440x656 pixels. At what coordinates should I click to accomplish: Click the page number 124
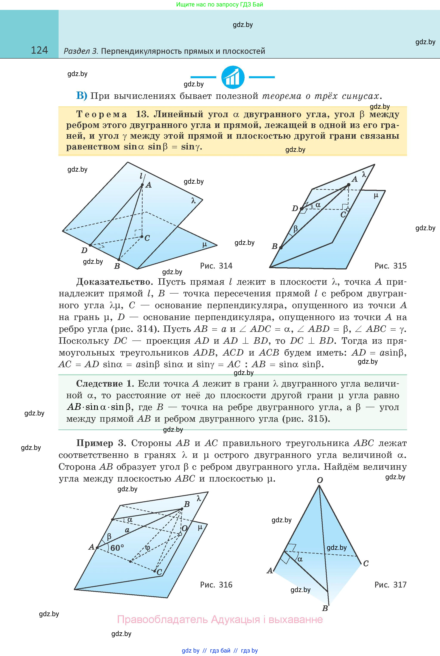(x=39, y=50)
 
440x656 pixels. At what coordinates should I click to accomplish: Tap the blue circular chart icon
(x=233, y=77)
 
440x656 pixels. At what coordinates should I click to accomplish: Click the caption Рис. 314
(x=216, y=266)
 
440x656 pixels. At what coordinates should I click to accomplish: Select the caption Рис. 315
(x=390, y=266)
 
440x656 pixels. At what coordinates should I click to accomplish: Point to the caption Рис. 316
(x=216, y=585)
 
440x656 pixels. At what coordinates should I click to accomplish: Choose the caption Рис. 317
(x=390, y=585)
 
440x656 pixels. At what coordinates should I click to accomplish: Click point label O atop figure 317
(x=320, y=480)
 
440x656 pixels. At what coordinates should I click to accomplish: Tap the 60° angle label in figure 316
(x=117, y=548)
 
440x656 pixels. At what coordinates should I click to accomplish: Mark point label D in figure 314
(x=84, y=250)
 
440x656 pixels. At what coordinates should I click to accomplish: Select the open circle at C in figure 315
(x=348, y=210)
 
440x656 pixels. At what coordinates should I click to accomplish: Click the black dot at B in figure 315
(x=281, y=247)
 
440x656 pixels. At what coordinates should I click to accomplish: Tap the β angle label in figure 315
(x=295, y=229)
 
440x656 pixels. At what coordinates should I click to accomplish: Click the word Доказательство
(x=115, y=282)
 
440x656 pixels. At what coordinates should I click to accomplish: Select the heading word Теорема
(x=102, y=115)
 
